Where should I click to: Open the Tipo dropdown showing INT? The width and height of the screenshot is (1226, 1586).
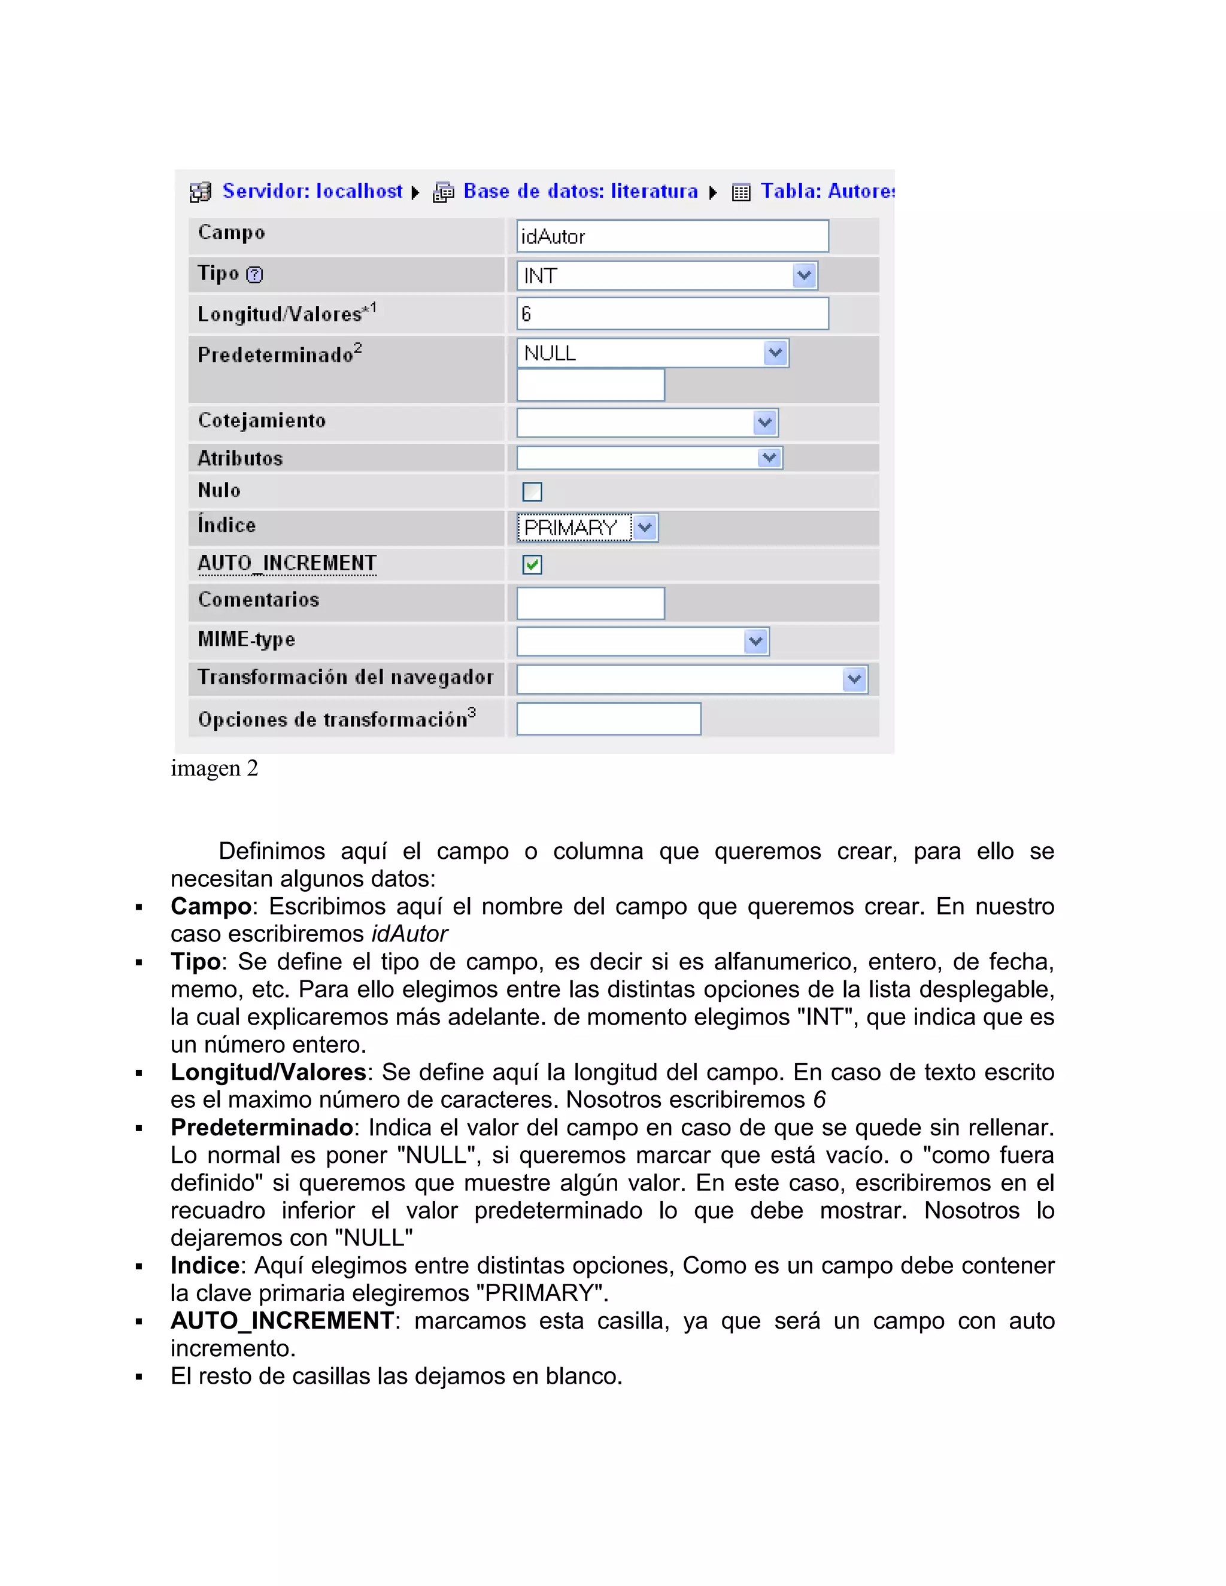click(x=667, y=276)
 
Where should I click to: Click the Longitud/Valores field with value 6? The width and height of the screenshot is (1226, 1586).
click(x=672, y=314)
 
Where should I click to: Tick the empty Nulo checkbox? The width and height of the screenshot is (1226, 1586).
click(x=532, y=491)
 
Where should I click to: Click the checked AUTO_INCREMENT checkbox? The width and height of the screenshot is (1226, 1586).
click(x=532, y=564)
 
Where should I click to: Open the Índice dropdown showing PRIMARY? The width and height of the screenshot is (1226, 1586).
click(x=587, y=528)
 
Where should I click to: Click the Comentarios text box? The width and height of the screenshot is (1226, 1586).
click(x=590, y=603)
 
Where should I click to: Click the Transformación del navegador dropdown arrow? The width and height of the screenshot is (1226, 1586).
click(x=854, y=680)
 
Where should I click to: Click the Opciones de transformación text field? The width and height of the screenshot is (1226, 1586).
click(x=608, y=719)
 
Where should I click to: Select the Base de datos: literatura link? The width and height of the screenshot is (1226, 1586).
click(x=579, y=191)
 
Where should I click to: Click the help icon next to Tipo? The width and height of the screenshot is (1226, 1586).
click(x=254, y=275)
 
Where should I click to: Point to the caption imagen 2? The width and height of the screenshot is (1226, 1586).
click(x=214, y=768)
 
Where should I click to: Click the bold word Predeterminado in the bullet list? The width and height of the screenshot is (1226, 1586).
click(x=262, y=1128)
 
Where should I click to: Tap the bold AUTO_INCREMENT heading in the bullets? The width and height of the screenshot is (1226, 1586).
click(x=282, y=1321)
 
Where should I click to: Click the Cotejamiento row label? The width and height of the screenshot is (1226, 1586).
click(x=262, y=421)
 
